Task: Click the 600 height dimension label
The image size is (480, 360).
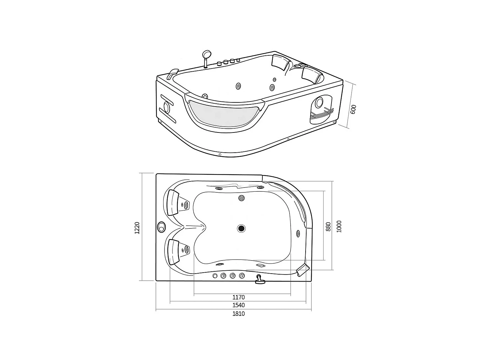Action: coord(353,109)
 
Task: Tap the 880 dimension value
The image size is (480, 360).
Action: coord(328,226)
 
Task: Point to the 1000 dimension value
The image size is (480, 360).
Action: coord(339,226)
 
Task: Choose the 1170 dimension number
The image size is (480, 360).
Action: coord(239,297)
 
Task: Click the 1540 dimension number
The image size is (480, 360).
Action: coord(239,305)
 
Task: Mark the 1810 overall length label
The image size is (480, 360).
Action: coord(239,314)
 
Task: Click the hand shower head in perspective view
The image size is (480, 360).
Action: coord(207,54)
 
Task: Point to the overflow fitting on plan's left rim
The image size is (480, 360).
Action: coord(161,227)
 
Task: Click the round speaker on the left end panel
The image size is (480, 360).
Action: coord(166,106)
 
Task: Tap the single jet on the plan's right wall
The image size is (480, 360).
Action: coord(298,234)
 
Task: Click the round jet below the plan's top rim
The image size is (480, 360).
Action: coord(241,198)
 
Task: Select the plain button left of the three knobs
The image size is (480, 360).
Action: coord(215,276)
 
